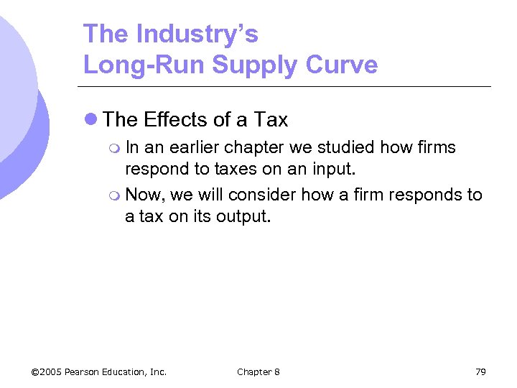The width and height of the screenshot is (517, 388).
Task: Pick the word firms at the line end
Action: click(433, 147)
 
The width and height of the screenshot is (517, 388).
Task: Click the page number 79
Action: click(480, 371)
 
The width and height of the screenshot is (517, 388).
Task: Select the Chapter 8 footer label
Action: click(258, 371)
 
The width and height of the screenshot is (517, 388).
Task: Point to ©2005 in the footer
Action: click(47, 371)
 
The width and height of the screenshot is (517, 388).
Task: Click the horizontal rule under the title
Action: click(287, 87)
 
